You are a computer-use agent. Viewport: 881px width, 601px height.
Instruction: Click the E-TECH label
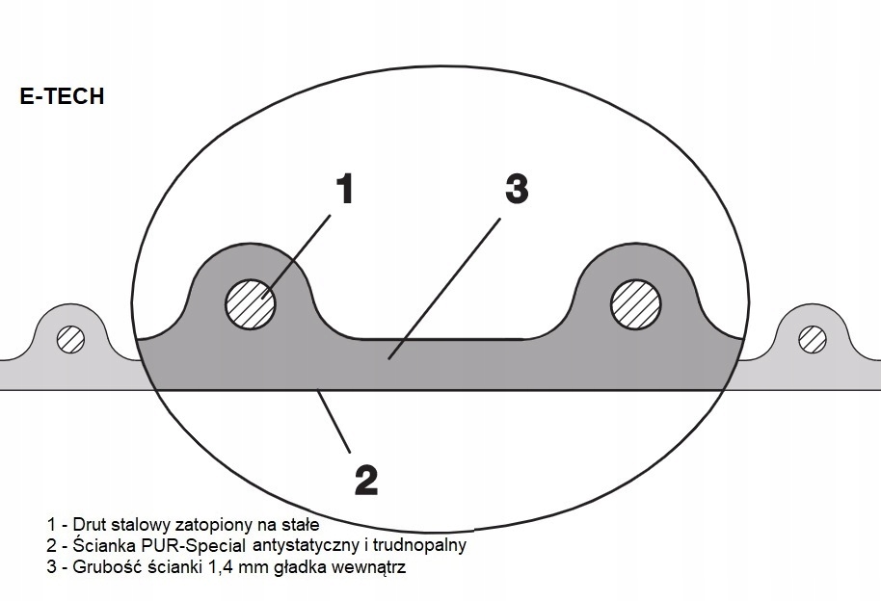click(62, 97)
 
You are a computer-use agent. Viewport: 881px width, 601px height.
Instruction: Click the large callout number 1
click(345, 189)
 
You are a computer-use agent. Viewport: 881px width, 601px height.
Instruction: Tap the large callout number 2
click(365, 479)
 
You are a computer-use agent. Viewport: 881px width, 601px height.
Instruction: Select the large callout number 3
click(517, 189)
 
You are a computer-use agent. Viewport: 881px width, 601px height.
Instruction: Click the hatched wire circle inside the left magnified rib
click(251, 305)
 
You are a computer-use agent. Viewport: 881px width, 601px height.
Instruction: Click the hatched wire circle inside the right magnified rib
click(636, 305)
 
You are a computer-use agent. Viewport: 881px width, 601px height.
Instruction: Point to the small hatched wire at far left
click(70, 338)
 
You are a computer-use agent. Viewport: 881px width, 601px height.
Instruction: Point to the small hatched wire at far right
click(813, 338)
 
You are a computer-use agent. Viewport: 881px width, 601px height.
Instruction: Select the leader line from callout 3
click(443, 289)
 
